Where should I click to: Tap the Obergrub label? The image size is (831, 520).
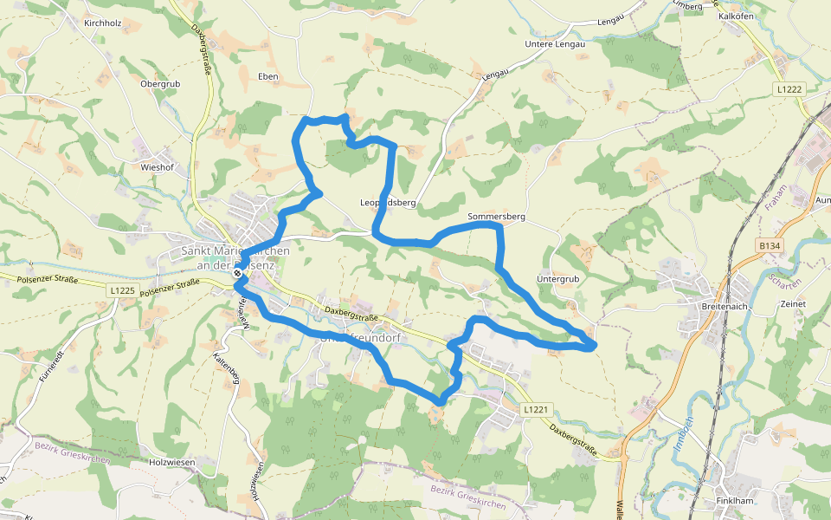(159, 84)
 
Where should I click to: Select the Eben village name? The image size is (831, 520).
(267, 76)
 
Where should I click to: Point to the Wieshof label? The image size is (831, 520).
(158, 166)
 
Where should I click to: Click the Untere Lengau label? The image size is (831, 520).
(555, 43)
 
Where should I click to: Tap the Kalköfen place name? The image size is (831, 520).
(737, 16)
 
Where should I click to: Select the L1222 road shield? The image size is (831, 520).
(789, 89)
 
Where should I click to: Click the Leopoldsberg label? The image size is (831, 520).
(388, 203)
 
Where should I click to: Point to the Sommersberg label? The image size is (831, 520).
(497, 216)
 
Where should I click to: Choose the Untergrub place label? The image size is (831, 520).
(557, 279)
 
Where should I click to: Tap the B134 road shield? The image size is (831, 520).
(770, 247)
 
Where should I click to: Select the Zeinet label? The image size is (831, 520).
(793, 304)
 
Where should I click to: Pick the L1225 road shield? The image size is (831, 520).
(123, 290)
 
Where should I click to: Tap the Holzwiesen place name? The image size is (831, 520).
(170, 462)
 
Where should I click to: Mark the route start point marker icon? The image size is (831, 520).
(237, 273)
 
